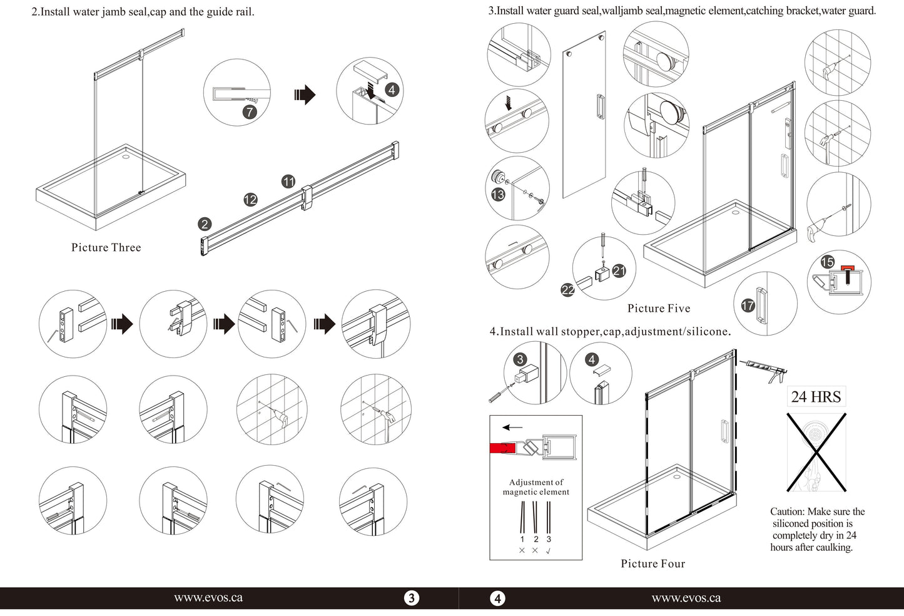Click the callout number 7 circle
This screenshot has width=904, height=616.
point(250,112)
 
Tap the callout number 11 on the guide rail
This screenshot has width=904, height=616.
point(288,182)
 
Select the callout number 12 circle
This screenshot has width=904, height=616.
point(250,200)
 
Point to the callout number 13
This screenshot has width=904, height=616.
point(498,195)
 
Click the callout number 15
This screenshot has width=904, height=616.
point(828,262)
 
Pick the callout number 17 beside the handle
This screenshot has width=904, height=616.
point(748,305)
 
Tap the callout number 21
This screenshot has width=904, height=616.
point(619,270)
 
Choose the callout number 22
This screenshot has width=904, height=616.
point(568,290)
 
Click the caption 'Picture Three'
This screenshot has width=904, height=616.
point(106,247)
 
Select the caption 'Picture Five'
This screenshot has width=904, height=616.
point(659,308)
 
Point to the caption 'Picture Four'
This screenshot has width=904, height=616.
point(653,563)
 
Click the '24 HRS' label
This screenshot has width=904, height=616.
point(816,397)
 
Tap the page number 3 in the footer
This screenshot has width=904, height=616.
point(411,598)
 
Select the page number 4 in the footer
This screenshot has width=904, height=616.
point(497,598)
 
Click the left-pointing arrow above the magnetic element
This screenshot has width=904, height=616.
point(512,428)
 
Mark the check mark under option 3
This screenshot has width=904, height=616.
point(549,551)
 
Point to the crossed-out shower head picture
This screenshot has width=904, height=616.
point(816,452)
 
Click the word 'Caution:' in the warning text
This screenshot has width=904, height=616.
point(787,511)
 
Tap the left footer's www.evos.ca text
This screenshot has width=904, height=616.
point(208,598)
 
